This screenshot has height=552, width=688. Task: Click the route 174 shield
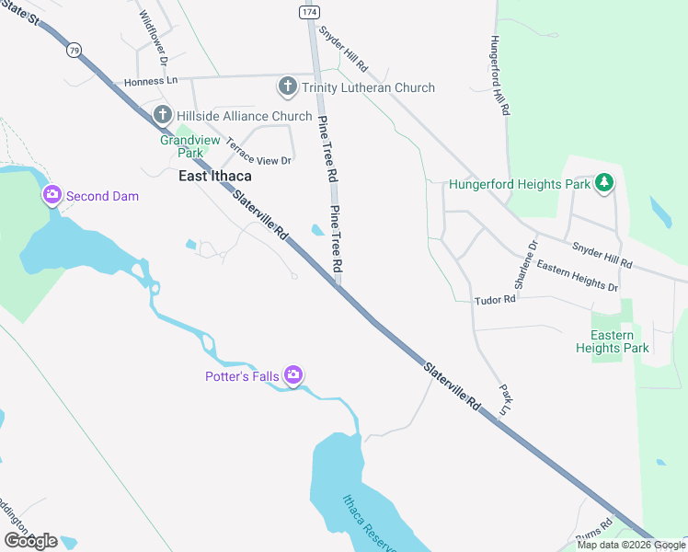point(308,11)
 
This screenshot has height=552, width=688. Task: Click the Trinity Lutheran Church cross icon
point(287,87)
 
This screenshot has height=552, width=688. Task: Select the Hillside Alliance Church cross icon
point(163,116)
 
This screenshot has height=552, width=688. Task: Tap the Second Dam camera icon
point(52,195)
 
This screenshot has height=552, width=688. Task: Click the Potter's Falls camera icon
point(293,374)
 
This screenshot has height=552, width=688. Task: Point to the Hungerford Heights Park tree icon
point(604,184)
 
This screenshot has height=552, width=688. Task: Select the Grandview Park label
point(181,146)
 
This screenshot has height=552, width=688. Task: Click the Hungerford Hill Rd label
point(499,75)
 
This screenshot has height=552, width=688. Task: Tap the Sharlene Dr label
point(525,266)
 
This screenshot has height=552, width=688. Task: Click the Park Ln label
point(504,398)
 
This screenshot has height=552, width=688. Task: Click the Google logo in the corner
point(29,541)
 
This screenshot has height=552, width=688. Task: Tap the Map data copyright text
point(631,545)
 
